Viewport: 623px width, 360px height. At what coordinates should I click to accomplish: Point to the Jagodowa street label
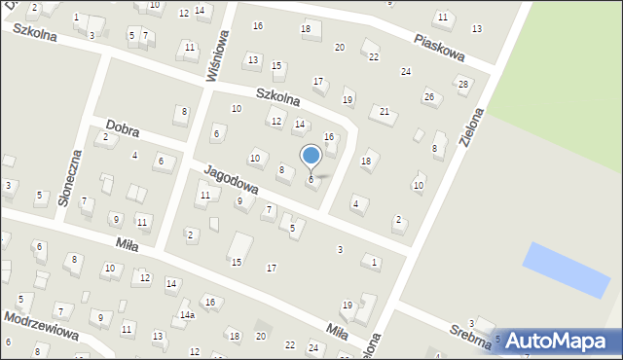click(x=230, y=180)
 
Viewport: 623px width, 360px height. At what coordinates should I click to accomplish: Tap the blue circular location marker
click(x=311, y=156)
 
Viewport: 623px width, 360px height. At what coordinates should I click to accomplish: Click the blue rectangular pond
click(x=566, y=270)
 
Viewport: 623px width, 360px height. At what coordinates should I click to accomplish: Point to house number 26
click(x=428, y=96)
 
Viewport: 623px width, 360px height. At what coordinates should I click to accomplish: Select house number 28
click(x=463, y=84)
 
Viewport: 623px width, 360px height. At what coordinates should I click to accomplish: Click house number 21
click(x=385, y=112)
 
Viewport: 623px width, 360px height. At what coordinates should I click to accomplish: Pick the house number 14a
click(x=186, y=315)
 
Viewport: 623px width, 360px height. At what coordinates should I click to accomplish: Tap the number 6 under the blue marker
click(x=311, y=179)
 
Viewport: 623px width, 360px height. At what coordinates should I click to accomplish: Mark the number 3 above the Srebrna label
click(x=471, y=323)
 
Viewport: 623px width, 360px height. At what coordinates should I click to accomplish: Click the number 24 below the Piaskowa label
click(x=405, y=72)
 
